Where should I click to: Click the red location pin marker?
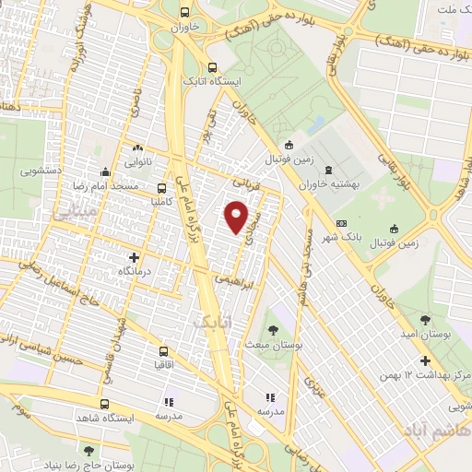238,216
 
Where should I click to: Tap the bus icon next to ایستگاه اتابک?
213,67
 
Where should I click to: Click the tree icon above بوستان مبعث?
273,329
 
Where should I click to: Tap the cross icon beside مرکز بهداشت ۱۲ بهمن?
425,361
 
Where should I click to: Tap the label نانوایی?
139,160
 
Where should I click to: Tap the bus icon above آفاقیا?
163,351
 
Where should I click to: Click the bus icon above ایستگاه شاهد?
104,404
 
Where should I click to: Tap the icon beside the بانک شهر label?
342,223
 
